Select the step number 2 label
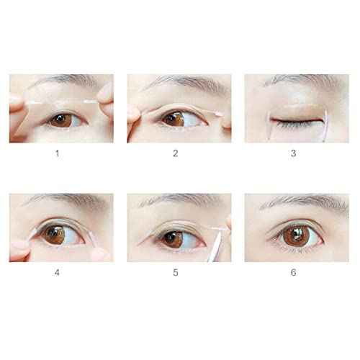pos(177,153)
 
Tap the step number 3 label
pos(294,153)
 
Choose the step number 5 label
pos(177,272)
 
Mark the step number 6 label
pos(294,272)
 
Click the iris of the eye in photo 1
pos(62,120)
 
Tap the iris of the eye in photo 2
pos(174,120)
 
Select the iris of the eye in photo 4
pos(53,234)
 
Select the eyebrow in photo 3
pos(295,81)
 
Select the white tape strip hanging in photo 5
pos(217,243)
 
